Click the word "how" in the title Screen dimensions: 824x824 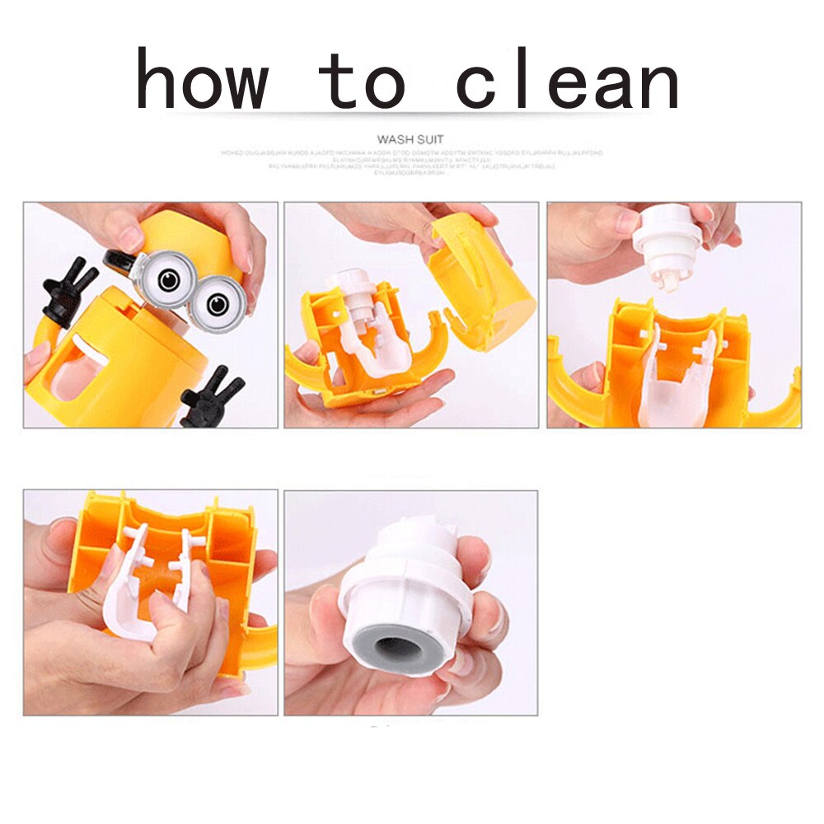[x=203, y=81]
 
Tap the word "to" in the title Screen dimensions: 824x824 [x=363, y=81]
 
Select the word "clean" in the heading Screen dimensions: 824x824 [x=568, y=81]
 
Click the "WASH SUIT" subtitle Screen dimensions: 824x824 [x=410, y=139]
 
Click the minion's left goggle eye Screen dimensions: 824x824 [x=170, y=280]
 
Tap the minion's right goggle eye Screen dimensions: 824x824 [x=218, y=304]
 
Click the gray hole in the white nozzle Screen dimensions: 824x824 [x=401, y=647]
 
